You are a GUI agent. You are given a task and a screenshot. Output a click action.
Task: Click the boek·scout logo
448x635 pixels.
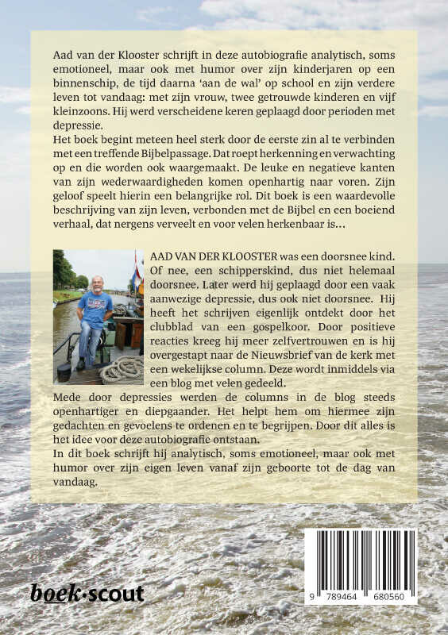pos(87,593)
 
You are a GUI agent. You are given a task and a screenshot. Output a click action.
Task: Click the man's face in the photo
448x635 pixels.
pos(95,284)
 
